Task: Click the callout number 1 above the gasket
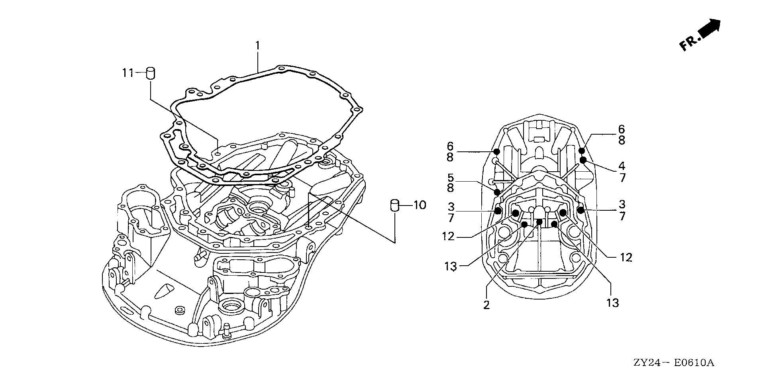pos(257,46)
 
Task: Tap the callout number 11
pos(128,73)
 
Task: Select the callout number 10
pos(420,205)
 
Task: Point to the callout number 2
pos(486,305)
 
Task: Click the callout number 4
pos(622,166)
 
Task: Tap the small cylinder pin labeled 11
pos(151,73)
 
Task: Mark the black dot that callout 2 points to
pos(539,222)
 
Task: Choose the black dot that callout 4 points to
pos(583,160)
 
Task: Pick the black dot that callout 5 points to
pos(497,192)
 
